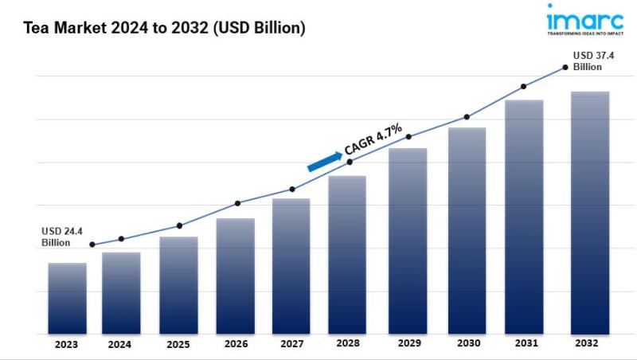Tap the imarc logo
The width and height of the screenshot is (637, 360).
585,20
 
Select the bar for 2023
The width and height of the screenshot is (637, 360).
67,299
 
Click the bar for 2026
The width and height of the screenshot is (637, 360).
235,276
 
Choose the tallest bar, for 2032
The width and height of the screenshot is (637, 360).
590,213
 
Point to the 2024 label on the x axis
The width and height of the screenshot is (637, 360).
120,345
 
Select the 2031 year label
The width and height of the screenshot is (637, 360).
524,345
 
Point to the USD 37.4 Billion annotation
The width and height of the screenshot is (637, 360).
593,61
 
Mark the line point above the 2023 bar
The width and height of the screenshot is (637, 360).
92,245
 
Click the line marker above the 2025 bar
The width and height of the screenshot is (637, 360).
179,225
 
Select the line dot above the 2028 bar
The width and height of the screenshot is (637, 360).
350,162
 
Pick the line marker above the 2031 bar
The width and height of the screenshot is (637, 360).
523,86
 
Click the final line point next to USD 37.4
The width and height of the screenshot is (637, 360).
565,68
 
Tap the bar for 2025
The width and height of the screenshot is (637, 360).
178,285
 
